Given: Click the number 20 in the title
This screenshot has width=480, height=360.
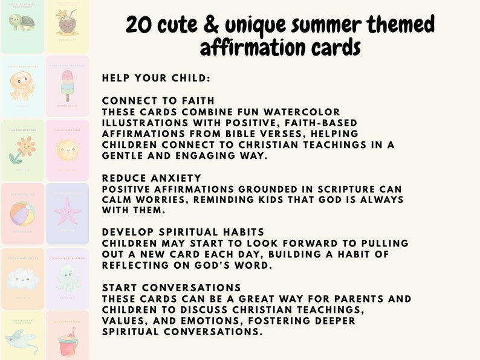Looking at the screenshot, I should pyautogui.click(x=140, y=25).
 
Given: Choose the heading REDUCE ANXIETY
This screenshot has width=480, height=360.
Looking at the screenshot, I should pyautogui.click(x=152, y=178).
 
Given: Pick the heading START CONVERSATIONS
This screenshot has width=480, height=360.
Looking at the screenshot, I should pyautogui.click(x=172, y=288).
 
